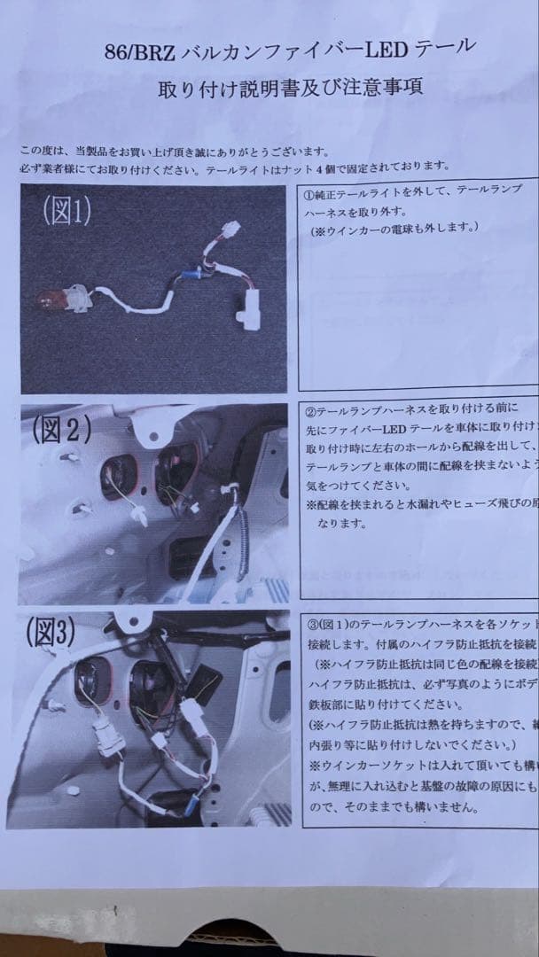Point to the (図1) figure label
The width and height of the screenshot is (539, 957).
click(x=66, y=211)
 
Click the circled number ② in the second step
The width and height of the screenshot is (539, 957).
click(x=311, y=412)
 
